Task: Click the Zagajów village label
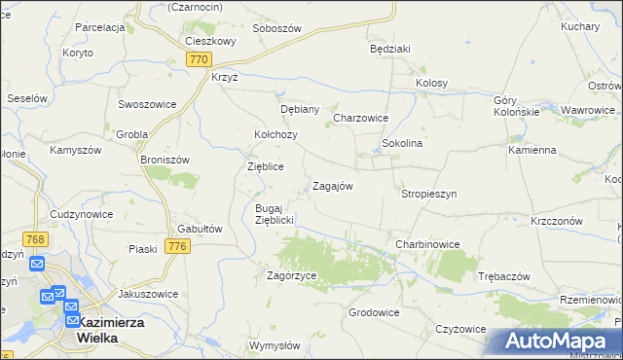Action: coord(331,185)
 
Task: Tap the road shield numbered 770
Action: coord(199,59)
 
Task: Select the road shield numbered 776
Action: coord(177,247)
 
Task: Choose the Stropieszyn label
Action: coord(428,194)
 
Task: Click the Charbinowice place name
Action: coord(426,243)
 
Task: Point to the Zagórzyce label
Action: coord(292,275)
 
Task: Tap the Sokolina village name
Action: coord(401,143)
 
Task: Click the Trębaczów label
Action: coord(504,276)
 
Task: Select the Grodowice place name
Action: coord(374,312)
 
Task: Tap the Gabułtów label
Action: coord(194,228)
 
